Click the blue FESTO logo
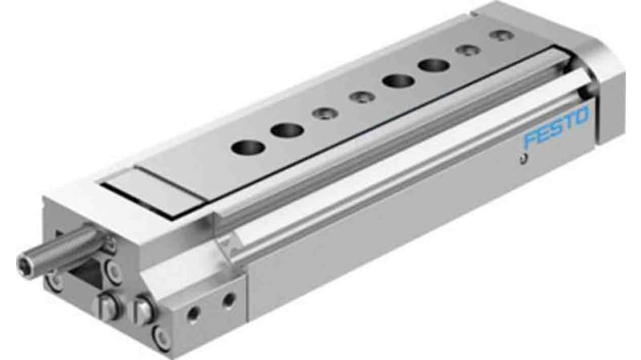click(555, 127)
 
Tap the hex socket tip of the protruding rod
click(26, 261)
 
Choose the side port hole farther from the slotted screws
click(228, 300)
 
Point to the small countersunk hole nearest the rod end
click(322, 114)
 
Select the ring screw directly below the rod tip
click(54, 281)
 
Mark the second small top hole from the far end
click(466, 50)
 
